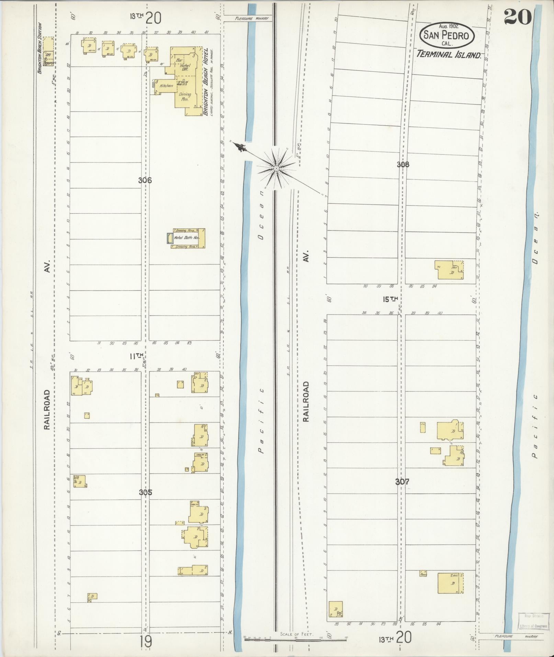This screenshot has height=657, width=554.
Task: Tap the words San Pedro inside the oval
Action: pos(446,35)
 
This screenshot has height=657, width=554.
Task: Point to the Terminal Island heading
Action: pos(449,54)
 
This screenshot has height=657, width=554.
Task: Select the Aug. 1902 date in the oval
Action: pos(449,26)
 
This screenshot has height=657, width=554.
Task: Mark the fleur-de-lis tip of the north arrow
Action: pos(241,147)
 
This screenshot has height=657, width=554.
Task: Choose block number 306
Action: pos(145,180)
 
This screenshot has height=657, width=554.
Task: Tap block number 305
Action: pos(145,492)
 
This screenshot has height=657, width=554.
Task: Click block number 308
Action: pos(403,165)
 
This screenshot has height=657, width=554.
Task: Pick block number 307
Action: pos(402,482)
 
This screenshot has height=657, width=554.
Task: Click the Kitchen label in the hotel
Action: pos(166,86)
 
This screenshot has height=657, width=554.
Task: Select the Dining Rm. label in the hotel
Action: pos(184,97)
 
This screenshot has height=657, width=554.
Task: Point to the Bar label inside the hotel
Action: pos(179,60)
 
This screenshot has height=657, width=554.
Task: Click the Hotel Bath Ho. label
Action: pos(186,238)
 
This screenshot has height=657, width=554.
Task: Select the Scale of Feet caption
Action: pos(296,634)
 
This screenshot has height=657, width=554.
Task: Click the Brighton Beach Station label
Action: pos(40,48)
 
